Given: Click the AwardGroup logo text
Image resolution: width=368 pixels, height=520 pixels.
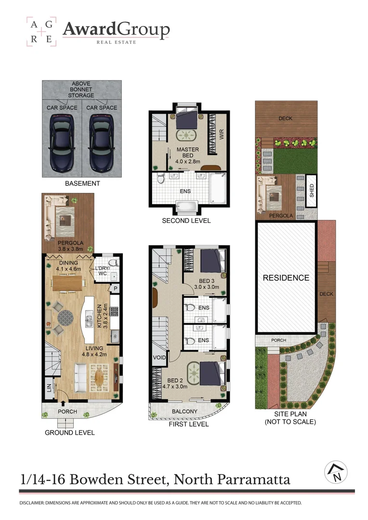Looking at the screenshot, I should click(x=116, y=30).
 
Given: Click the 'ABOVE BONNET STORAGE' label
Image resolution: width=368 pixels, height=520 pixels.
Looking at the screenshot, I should click(x=81, y=89).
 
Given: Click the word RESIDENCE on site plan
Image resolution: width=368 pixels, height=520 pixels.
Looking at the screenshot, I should click(x=286, y=278).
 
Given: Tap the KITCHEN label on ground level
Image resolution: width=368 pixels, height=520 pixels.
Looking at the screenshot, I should click(x=100, y=315).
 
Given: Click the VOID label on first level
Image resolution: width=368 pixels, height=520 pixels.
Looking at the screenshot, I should click(x=159, y=358).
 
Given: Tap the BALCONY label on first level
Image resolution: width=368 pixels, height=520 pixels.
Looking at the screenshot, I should click(x=185, y=412).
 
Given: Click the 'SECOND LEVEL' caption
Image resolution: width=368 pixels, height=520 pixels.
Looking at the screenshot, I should click(x=186, y=221).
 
